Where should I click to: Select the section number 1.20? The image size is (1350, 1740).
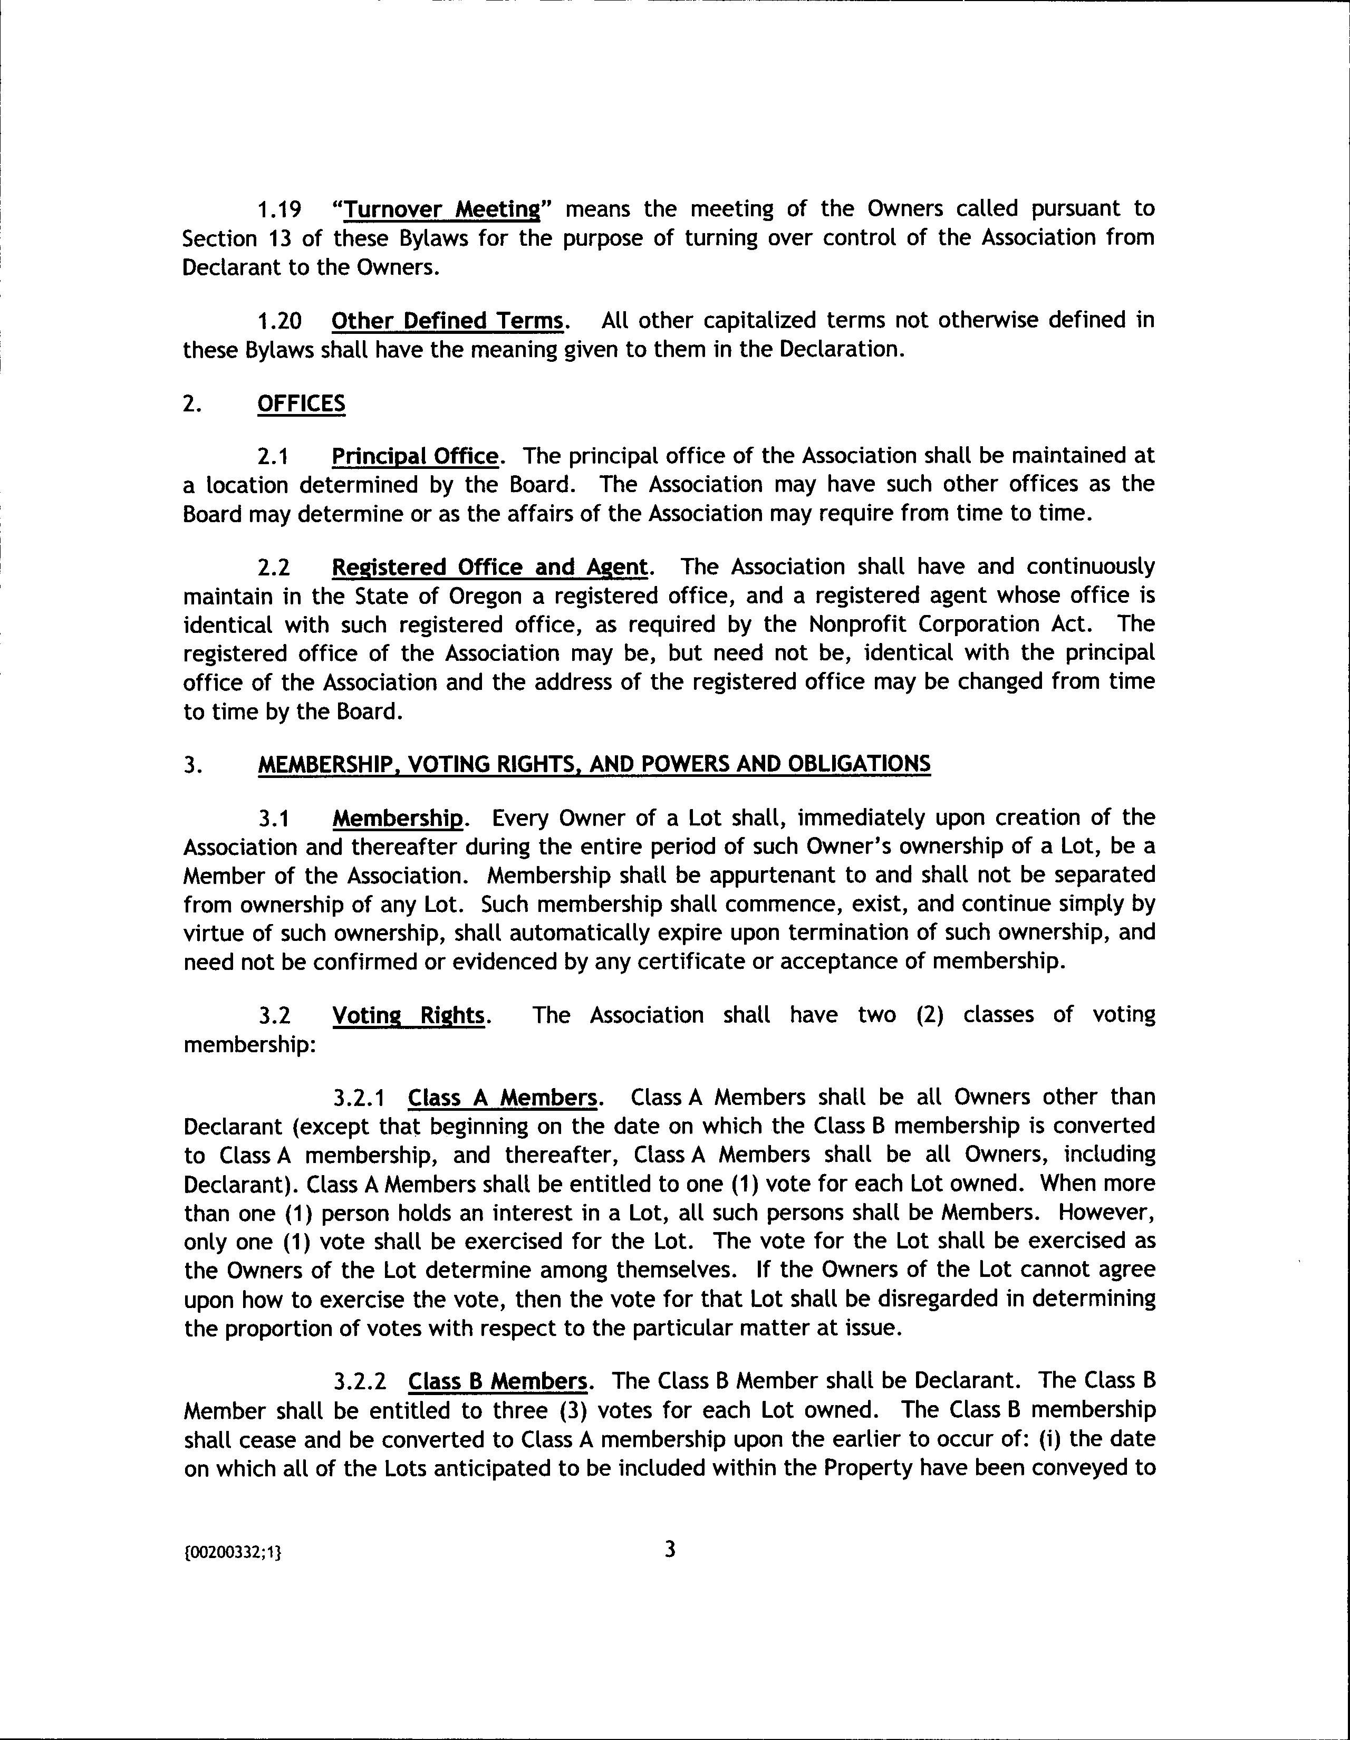click(x=279, y=321)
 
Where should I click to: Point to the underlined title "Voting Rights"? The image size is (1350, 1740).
click(x=408, y=1016)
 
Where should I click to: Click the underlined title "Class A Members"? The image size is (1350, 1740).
click(x=502, y=1098)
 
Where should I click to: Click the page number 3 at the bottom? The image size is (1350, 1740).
click(x=670, y=1550)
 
